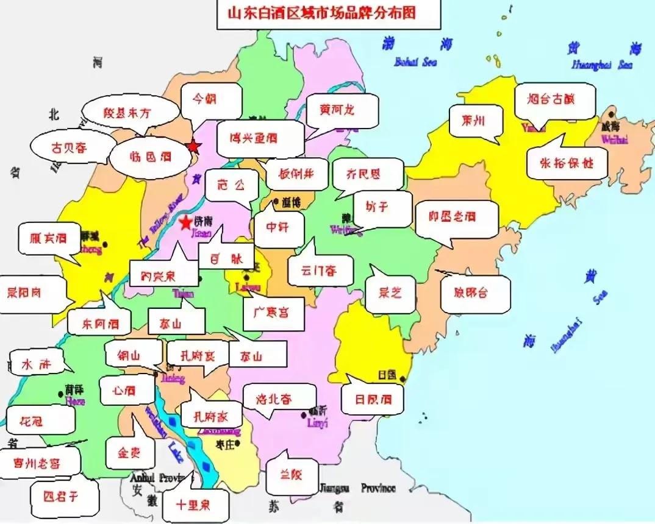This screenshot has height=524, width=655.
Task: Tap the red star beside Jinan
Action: tap(185, 223)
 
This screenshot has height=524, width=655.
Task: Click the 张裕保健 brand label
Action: tap(567, 163)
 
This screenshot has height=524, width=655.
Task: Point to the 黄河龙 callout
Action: tap(337, 111)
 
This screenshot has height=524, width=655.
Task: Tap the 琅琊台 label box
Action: tap(471, 292)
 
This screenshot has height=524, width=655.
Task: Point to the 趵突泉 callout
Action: tap(158, 276)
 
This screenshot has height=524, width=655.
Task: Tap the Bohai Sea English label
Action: tap(413, 62)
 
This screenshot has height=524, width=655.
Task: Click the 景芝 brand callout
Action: tap(390, 292)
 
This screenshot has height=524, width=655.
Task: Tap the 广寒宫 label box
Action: tap(274, 313)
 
